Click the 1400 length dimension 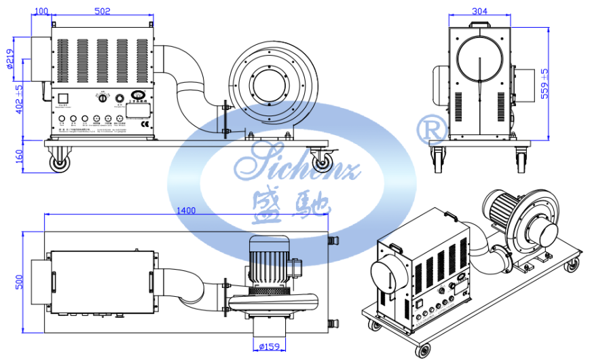pyautogui.click(x=185, y=211)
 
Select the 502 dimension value pyautogui.click(x=102, y=11)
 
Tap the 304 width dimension pyautogui.click(x=479, y=11)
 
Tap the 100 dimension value pyautogui.click(x=40, y=11)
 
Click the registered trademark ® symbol pyautogui.click(x=433, y=129)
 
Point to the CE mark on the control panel pyautogui.click(x=143, y=124)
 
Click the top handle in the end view pyautogui.click(x=480, y=23)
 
